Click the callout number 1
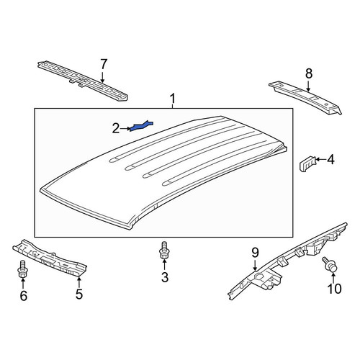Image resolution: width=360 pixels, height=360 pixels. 172,99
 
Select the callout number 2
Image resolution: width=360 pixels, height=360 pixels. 116,129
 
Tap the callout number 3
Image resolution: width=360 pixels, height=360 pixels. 165,277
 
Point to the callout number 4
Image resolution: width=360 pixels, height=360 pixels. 331,159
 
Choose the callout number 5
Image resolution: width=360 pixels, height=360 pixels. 79,294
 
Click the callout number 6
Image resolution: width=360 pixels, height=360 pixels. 23,296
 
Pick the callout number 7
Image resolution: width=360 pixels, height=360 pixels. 103,64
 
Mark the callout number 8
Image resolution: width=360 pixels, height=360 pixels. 309,73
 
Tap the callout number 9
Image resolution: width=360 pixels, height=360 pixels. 255,253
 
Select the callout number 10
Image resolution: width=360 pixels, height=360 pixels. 334,289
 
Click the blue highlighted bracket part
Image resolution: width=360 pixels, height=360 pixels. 141,126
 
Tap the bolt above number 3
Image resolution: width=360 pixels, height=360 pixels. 164,250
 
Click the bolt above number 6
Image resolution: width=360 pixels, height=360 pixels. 22,269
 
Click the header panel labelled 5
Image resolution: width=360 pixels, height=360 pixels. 50,259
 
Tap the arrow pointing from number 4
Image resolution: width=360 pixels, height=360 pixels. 321,159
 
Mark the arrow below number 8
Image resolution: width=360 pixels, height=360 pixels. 308,86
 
